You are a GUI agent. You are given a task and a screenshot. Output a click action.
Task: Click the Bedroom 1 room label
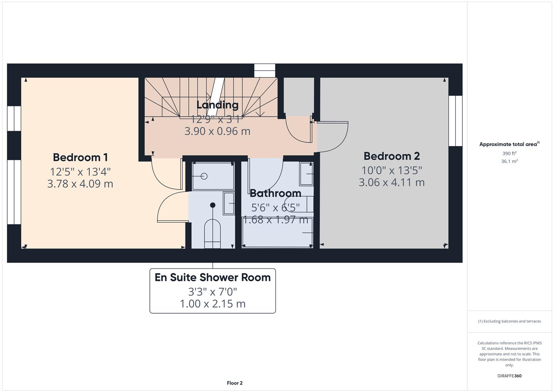[x=80, y=157]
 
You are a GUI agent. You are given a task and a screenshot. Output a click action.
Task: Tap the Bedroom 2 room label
[x=391, y=156]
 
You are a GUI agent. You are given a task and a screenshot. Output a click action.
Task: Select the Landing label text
[x=217, y=105]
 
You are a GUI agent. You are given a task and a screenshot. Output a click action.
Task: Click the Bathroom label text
[x=275, y=193]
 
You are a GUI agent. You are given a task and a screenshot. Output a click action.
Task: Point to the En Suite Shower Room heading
[x=213, y=277]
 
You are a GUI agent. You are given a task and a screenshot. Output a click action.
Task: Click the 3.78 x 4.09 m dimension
[x=80, y=184]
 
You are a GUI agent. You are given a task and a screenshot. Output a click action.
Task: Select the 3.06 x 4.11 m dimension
[x=391, y=182]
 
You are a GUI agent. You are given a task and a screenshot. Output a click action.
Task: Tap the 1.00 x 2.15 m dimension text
[x=213, y=303]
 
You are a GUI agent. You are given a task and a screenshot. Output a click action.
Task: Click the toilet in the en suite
[x=212, y=234]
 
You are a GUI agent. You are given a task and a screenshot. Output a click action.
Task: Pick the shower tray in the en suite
[x=213, y=176]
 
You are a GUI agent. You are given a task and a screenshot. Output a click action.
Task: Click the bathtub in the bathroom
[x=278, y=232]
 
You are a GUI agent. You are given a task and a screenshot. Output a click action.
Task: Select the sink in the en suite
[x=229, y=203]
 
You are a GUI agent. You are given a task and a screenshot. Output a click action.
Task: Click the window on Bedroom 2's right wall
[x=455, y=121]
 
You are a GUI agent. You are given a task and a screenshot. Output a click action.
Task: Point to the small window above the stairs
[x=264, y=70]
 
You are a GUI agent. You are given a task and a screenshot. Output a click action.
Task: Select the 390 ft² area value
[x=509, y=154]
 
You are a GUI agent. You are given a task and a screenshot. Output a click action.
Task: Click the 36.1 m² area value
[x=509, y=162]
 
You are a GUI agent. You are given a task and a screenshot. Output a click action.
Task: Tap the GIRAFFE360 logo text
[x=509, y=376]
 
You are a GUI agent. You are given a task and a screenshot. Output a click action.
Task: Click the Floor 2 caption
[x=234, y=383]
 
